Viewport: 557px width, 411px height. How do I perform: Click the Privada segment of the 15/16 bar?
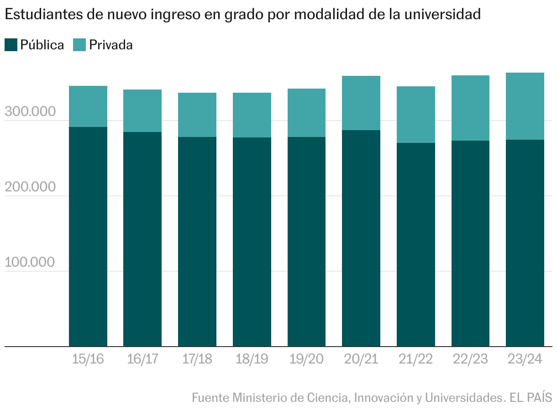click(x=88, y=106)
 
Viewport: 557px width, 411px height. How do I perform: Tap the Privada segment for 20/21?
click(x=361, y=103)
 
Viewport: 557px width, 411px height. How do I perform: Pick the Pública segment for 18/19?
click(x=252, y=242)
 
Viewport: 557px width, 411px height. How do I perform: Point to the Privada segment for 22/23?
click(x=470, y=108)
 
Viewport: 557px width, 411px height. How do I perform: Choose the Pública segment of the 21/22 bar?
click(x=416, y=245)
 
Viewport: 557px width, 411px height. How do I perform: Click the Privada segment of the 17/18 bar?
click(x=197, y=115)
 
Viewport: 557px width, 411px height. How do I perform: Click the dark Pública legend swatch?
click(x=11, y=45)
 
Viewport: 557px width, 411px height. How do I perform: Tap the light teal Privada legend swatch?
click(x=79, y=45)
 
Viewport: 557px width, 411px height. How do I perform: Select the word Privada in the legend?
click(x=111, y=45)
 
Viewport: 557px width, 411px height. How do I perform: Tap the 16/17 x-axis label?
click(x=142, y=359)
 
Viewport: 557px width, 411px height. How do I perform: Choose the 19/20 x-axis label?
click(x=306, y=359)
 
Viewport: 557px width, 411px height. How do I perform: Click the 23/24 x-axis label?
click(x=525, y=359)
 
